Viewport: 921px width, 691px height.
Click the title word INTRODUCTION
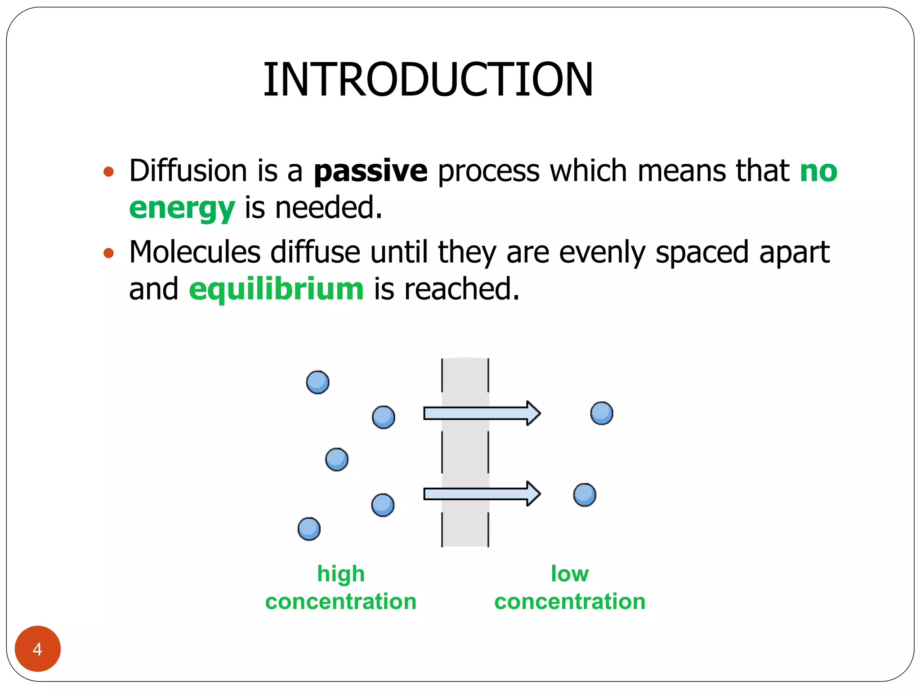click(428, 80)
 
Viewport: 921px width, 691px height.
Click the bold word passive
click(370, 171)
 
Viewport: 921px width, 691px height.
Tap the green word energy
click(182, 208)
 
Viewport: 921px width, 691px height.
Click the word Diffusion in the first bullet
click(188, 171)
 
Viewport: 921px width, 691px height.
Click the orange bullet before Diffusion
click(108, 171)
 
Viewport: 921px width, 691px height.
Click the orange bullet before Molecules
click(108, 253)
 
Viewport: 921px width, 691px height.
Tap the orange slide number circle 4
click(38, 649)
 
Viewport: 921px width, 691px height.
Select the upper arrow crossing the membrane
click(481, 413)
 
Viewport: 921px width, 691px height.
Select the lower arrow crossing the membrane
click(481, 494)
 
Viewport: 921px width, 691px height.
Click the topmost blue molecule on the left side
click(317, 382)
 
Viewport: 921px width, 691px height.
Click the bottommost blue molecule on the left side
click(309, 529)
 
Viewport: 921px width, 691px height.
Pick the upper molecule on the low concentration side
click(602, 413)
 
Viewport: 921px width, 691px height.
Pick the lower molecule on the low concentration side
click(585, 495)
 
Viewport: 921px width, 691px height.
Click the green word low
click(570, 574)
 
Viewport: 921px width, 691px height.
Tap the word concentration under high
click(340, 602)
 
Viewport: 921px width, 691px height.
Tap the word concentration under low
click(570, 602)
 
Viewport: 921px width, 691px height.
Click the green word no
click(818, 171)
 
